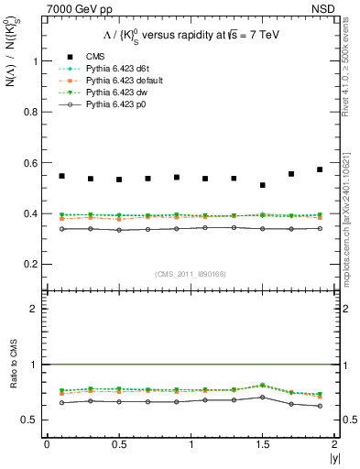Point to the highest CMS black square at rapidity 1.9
click(x=320, y=169)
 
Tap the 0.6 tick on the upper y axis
click(x=33, y=163)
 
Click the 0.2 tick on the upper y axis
click(x=33, y=265)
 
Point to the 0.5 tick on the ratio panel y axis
click(x=33, y=420)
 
